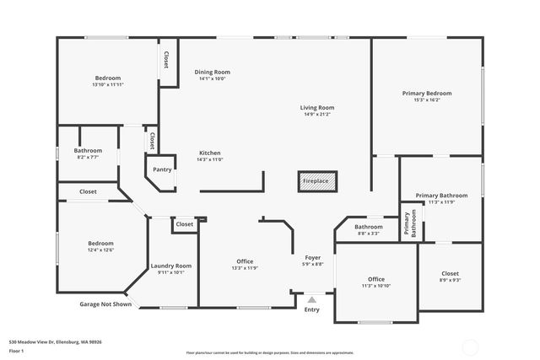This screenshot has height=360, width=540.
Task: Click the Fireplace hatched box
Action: point(317,181)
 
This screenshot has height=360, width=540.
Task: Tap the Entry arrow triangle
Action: point(312,299)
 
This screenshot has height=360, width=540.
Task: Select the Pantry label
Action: point(162,169)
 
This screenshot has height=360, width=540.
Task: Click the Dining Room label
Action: point(212,73)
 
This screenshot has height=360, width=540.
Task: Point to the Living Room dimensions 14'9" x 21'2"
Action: point(317,115)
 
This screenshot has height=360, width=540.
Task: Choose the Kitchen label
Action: point(209,153)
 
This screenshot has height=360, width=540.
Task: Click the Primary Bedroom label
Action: point(426,93)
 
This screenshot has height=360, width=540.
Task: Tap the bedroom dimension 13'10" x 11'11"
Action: point(108,85)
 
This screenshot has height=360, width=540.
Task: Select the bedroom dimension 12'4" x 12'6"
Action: point(101,250)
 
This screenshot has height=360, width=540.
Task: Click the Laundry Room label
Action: point(171,266)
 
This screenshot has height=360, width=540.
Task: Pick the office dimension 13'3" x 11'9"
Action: point(245,268)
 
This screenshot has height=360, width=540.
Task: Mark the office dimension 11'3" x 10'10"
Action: point(376,286)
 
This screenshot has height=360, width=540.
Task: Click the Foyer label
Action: point(312,257)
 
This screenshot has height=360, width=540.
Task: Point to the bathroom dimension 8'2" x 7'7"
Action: point(88,157)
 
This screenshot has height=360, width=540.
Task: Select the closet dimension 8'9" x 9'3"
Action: point(451,280)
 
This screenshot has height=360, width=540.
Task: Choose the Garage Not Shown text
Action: point(105,304)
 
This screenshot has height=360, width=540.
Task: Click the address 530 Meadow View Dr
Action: point(55,341)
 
